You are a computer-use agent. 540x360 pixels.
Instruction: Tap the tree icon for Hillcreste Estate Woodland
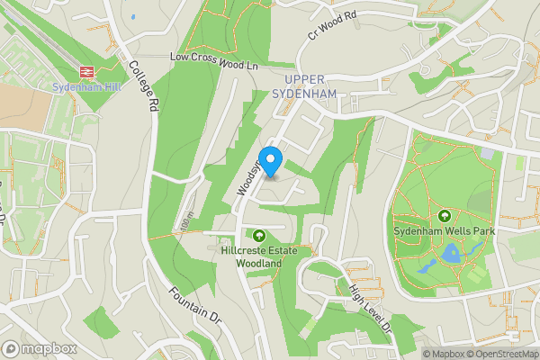coord(259,236)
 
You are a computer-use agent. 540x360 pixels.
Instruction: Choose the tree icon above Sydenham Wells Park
coord(445,216)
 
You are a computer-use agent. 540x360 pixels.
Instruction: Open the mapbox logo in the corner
coord(40,348)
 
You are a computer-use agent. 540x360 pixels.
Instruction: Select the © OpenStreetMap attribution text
coord(504,354)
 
